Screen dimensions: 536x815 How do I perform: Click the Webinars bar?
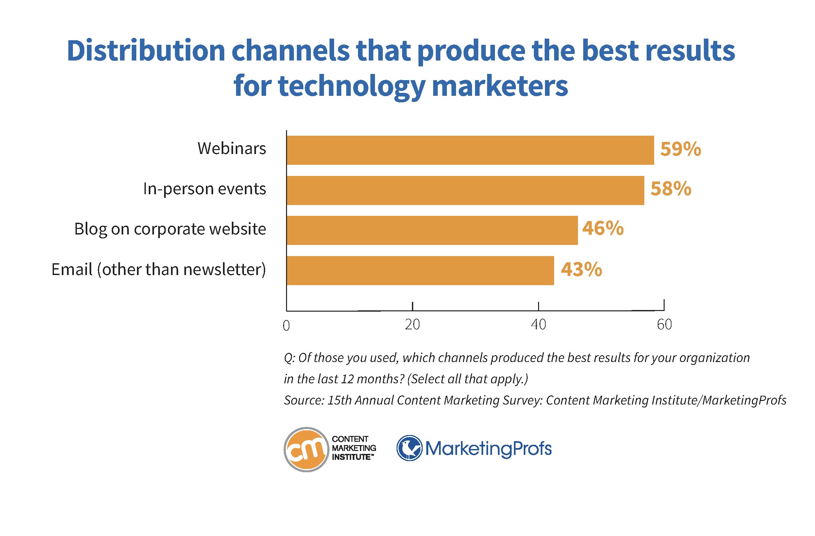coord(470,150)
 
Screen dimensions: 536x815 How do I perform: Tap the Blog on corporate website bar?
coord(432,230)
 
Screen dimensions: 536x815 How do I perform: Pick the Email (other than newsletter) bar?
coord(420,270)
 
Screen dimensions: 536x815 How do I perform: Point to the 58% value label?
coord(671,189)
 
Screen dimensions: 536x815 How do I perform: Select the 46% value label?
coord(603,229)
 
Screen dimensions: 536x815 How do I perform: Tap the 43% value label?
coord(581,269)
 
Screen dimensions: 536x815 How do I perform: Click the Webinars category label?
coord(231,149)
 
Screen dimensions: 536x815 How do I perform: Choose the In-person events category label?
coord(204,189)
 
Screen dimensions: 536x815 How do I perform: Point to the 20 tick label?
coord(412,324)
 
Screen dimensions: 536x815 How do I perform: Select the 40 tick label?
coord(538,324)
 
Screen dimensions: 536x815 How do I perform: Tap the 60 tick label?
coord(664,324)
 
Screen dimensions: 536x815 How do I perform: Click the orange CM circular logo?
coord(306,449)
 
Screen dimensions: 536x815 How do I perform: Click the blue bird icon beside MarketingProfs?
coord(409,448)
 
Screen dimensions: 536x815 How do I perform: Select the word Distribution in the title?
coord(145,51)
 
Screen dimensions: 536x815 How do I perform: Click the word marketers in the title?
coord(500,86)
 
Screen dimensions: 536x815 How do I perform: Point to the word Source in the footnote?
coord(303,400)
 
